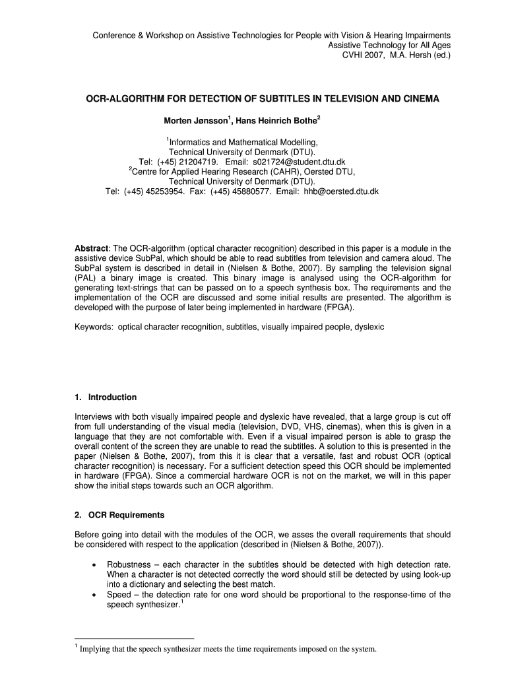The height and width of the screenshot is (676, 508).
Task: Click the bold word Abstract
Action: click(x=92, y=248)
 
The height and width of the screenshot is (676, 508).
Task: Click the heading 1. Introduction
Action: click(x=106, y=397)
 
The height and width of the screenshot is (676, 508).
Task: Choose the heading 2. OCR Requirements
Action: click(x=119, y=515)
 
